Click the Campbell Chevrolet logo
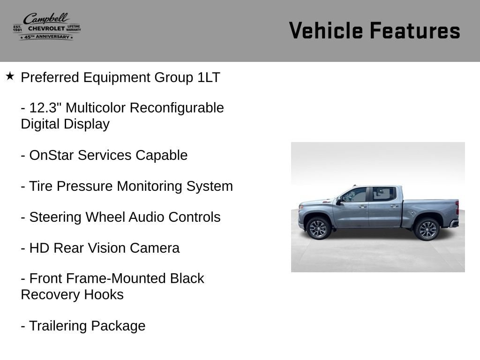[x=47, y=27]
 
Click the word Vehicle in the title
[x=326, y=30]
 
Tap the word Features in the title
[x=415, y=30]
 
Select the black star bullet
[x=10, y=76]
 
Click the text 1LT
[x=209, y=77]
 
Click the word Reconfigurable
[x=177, y=108]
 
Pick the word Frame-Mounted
[x=116, y=278]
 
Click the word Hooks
[x=104, y=295]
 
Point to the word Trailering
[x=58, y=326]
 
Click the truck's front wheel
[x=318, y=228]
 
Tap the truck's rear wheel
[x=427, y=229]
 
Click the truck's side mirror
[x=338, y=201]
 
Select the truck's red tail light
[x=457, y=207]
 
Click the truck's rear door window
[x=384, y=194]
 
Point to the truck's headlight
[x=301, y=207]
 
